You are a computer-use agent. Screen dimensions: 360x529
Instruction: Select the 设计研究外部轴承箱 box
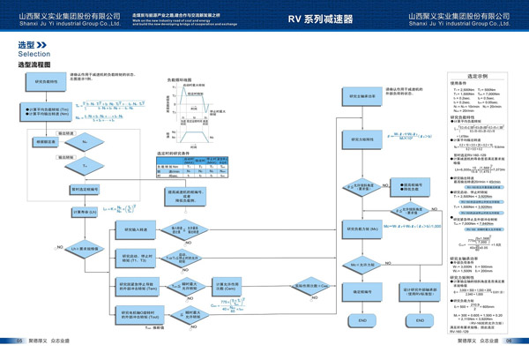(419, 290)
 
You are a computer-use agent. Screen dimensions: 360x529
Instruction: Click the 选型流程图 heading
(34, 65)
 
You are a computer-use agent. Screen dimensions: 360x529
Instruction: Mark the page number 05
(19, 341)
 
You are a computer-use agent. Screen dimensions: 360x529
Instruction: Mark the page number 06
(509, 341)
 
